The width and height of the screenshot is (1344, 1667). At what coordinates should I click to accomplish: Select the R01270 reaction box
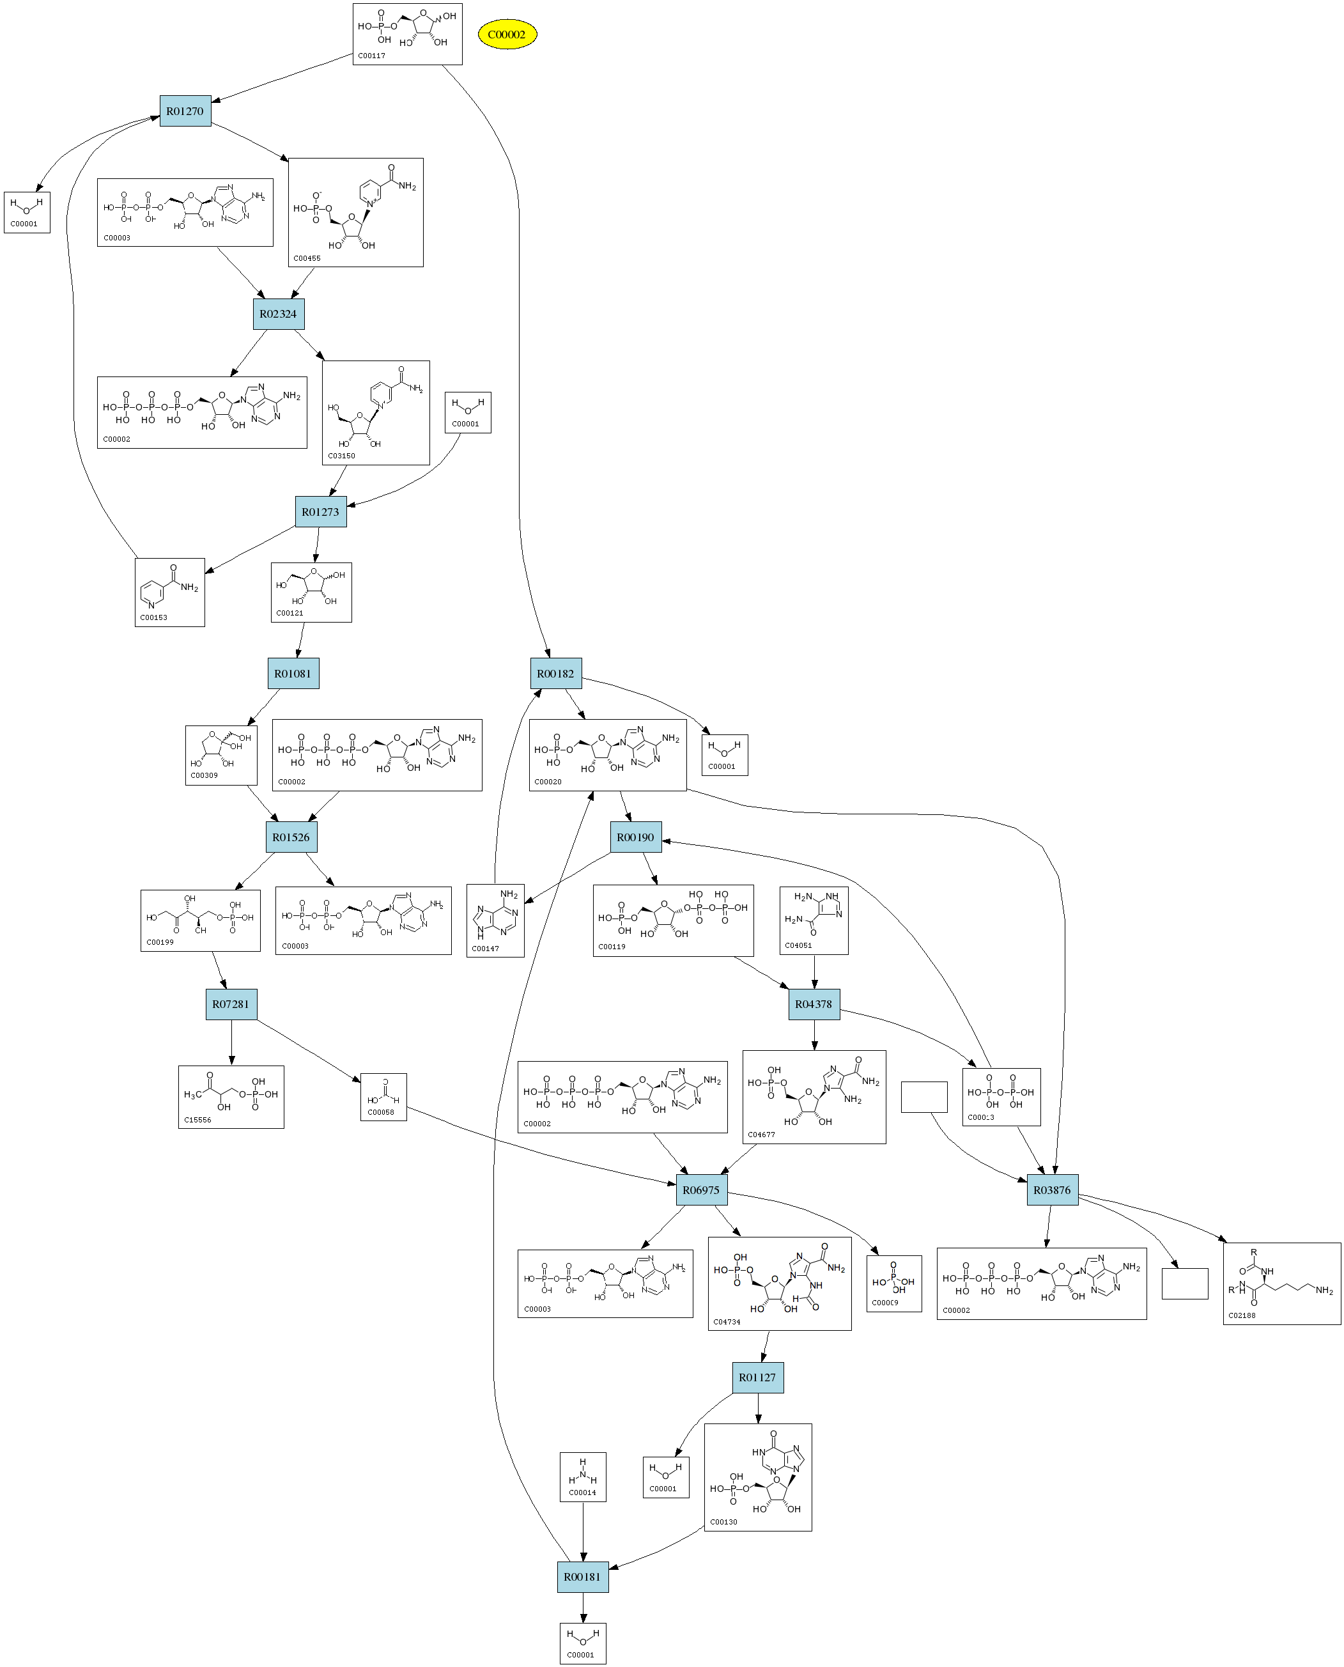coord(185,111)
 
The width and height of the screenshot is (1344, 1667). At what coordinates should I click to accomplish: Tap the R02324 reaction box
coord(278,314)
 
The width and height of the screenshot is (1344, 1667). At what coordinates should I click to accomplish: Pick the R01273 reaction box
coord(321,512)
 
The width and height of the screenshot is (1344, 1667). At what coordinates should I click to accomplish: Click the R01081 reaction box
coord(293,674)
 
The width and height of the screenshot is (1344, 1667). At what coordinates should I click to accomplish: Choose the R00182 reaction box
coord(556,674)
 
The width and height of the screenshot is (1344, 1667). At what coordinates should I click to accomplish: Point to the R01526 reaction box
coord(291,837)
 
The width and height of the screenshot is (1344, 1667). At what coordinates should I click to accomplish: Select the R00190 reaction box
coord(636,837)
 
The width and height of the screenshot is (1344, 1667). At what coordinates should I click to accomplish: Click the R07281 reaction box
coord(231,1004)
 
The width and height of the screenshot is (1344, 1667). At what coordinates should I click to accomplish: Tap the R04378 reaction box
coord(814,1004)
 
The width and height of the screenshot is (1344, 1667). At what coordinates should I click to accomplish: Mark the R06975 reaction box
coord(702,1190)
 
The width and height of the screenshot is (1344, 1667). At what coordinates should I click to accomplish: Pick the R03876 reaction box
coord(1052,1190)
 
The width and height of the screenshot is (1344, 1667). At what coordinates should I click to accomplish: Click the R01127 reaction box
coord(757,1377)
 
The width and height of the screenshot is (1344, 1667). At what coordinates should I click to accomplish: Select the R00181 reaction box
coord(582,1577)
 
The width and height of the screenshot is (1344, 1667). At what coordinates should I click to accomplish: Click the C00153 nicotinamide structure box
coord(169,593)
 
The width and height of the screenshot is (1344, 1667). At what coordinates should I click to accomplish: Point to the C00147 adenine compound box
coord(495,920)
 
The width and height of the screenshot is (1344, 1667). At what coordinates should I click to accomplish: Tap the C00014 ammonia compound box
coord(583,1477)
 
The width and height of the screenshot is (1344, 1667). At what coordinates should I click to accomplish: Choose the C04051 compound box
coord(814,920)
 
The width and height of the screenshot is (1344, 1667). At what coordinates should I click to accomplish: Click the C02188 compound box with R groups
coord(1281,1283)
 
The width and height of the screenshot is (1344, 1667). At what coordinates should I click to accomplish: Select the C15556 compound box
coord(231,1097)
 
